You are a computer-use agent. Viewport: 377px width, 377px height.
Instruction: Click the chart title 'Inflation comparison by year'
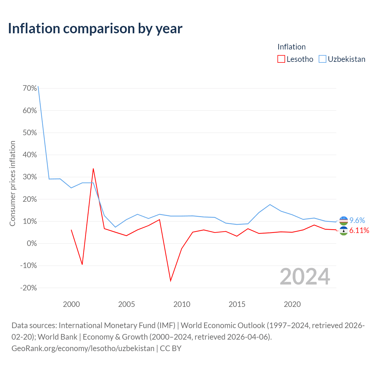[x=95, y=29]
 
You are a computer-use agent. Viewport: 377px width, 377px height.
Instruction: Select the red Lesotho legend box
[x=281, y=59]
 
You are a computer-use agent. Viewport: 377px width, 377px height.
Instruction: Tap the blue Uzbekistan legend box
[x=323, y=59]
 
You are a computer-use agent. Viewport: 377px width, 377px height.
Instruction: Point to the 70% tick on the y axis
[x=30, y=88]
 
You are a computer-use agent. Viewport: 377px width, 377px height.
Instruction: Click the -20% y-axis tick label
[x=29, y=288]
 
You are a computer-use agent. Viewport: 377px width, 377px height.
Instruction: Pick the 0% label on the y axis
[x=32, y=243]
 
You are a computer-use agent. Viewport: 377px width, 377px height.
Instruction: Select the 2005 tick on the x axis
[x=126, y=304]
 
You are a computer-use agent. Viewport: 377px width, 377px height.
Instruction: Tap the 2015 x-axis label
[x=237, y=304]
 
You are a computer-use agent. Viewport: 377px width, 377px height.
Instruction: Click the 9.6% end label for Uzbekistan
[x=357, y=220]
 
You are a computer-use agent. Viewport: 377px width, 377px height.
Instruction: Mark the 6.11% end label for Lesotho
[x=359, y=230]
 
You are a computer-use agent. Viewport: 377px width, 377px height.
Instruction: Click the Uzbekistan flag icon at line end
[x=343, y=221]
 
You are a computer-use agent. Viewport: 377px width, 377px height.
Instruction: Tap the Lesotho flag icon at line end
[x=343, y=231]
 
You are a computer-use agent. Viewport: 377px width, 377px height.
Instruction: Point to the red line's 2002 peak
[x=93, y=169]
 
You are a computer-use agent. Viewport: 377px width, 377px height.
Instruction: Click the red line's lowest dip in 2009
[x=171, y=281]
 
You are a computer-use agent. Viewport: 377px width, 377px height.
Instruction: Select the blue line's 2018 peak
[x=270, y=205]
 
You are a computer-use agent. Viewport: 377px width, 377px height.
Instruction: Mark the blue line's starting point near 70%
[x=38, y=87]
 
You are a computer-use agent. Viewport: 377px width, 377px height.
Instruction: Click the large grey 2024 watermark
[x=305, y=277]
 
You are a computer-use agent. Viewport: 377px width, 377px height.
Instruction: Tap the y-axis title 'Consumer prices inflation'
[x=13, y=183]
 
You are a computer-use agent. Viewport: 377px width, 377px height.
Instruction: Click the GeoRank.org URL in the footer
[x=83, y=348]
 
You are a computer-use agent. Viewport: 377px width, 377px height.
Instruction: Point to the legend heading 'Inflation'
[x=292, y=47]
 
